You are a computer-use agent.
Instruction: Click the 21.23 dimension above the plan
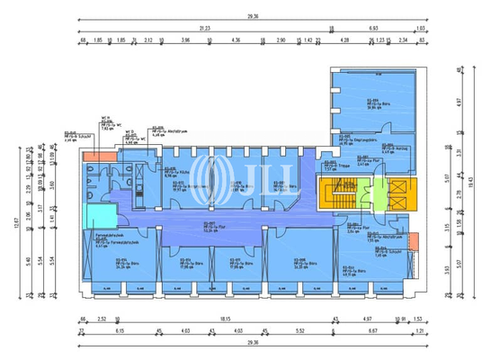click(206, 27)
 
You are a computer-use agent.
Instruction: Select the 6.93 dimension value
click(374, 27)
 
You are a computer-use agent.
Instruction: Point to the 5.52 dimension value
click(299, 332)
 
